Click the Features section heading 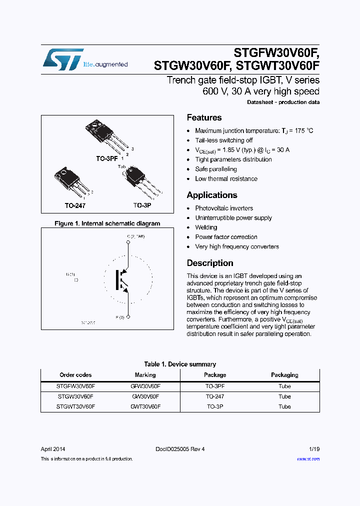204,118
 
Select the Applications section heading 211,195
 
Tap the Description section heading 209,263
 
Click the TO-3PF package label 106,158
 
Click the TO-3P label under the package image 142,205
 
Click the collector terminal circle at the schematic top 128,242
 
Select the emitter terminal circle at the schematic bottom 128,317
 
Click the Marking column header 145,375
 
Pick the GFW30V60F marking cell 145,386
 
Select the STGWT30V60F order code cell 75,407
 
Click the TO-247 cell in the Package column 215,396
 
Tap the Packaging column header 284,375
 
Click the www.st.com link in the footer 308,459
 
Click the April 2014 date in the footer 53,449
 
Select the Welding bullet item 206,227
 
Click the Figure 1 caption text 107,223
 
